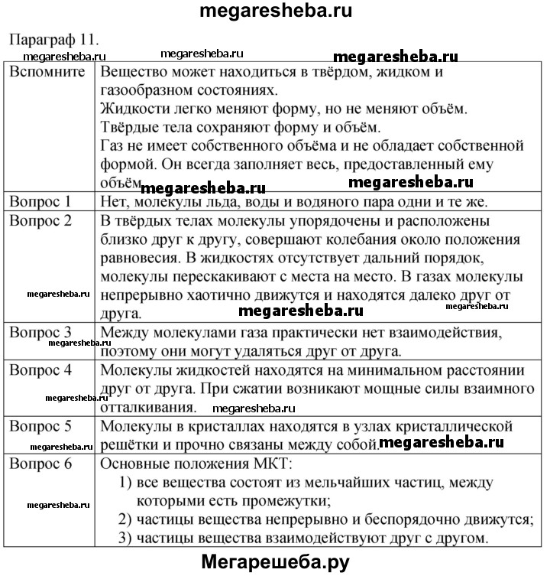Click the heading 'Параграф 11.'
coord(53,39)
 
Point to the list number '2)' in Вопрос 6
coord(128,520)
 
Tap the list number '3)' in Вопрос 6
coord(128,539)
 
